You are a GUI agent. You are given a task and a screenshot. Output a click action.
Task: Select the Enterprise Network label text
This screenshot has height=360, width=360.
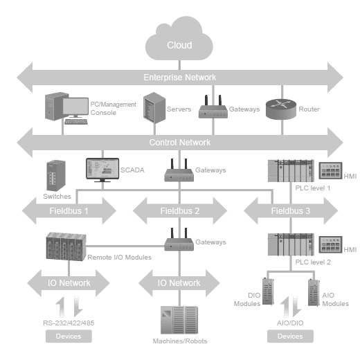[x=180, y=78]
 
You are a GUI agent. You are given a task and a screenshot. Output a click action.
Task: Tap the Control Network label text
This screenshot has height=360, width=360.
[x=180, y=143]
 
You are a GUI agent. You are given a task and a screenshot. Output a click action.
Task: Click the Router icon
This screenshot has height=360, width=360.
[x=281, y=109]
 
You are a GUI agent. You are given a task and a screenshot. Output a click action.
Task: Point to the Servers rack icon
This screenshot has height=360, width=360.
[x=154, y=107]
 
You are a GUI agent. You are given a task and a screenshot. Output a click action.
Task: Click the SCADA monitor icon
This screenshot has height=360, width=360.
[x=102, y=170]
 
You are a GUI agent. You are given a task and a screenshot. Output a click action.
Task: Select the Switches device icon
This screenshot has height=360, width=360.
[x=56, y=175]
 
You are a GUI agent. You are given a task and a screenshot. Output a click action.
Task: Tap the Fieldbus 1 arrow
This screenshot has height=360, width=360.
[x=69, y=210]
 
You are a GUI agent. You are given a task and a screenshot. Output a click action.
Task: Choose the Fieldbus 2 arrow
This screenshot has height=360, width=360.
[x=180, y=210]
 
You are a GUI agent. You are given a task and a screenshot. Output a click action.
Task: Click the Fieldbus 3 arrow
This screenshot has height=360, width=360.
[x=291, y=210]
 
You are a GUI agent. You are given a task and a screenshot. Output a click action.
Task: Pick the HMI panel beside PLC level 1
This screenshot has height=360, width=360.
[x=330, y=171]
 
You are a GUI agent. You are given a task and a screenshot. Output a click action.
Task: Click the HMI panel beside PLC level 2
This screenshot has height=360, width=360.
[x=330, y=244]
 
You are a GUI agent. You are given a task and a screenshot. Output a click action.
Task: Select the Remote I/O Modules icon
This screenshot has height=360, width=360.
[x=66, y=246]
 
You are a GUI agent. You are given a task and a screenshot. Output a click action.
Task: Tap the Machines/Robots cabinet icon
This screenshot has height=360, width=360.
[x=179, y=320]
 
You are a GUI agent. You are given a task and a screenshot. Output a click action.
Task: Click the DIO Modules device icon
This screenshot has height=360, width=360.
[x=268, y=291]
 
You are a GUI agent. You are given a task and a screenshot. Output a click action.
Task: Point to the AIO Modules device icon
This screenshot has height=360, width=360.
[x=314, y=293]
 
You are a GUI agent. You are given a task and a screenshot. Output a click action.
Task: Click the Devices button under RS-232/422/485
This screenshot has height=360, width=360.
[x=69, y=336]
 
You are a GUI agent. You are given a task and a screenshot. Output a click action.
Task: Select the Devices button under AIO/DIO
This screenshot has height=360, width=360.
[x=290, y=336]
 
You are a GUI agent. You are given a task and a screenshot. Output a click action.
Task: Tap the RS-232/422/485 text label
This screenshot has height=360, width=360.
[x=69, y=323]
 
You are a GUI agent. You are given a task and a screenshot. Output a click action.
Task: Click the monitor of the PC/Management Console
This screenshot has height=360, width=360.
[x=75, y=107]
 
